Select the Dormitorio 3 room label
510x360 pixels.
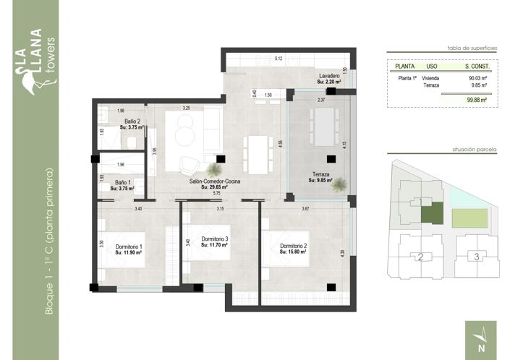215,239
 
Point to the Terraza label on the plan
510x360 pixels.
320,175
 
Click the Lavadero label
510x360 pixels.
329,76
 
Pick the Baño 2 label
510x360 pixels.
132,121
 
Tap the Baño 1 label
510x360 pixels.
123,184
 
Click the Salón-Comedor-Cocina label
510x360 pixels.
215,181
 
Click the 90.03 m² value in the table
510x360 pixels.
475,77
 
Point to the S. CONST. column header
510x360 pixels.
477,66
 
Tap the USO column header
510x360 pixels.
432,66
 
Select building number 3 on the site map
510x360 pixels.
475,257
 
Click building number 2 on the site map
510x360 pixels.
420,257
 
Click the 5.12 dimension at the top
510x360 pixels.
278,58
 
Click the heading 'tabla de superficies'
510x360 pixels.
472,46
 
